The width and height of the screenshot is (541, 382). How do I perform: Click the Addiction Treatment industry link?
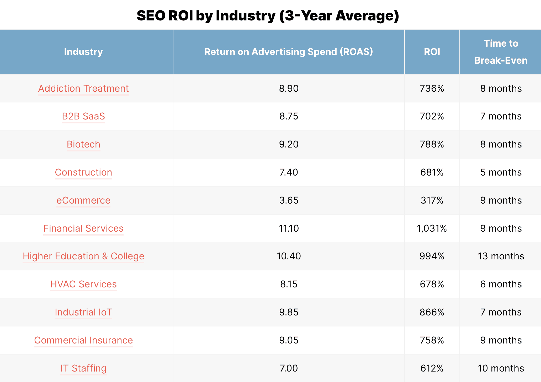pos(83,89)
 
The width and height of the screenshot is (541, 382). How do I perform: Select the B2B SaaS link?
pos(83,116)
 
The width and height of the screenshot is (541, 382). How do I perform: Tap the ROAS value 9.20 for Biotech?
pos(289,144)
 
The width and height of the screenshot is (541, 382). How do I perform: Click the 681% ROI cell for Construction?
pos(432,172)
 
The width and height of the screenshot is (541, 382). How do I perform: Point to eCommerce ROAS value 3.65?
pos(289,200)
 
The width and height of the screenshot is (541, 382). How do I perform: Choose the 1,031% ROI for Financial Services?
pos(432,228)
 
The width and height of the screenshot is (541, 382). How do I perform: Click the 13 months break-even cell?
pos(501,256)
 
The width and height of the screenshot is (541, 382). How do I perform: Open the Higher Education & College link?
pos(83,256)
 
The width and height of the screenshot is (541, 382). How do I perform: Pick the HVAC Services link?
pos(83,284)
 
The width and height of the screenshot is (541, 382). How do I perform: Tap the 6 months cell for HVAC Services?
pos(501,284)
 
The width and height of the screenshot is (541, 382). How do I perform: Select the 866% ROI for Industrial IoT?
pos(432,312)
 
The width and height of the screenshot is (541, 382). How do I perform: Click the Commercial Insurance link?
pos(83,340)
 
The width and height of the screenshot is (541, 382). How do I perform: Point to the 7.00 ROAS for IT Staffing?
pos(289,368)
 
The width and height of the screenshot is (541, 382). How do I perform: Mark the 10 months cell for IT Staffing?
pos(501,368)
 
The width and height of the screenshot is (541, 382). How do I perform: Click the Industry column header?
pos(83,52)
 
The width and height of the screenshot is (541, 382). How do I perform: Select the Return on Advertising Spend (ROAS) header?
pos(289,52)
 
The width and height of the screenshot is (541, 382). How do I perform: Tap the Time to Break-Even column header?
pos(501,52)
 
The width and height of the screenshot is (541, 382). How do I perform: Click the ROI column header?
pos(432,52)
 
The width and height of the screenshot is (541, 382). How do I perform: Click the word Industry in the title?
pos(246,16)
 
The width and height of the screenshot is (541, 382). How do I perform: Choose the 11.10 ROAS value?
pos(289,228)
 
